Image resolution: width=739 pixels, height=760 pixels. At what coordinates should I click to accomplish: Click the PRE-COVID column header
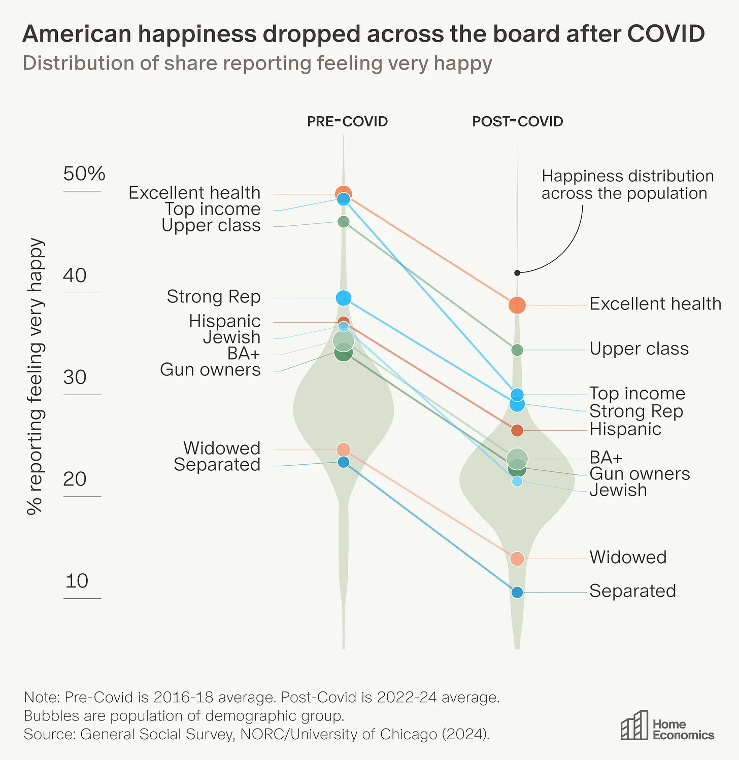coord(347,122)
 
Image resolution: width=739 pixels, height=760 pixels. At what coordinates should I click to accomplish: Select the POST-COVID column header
coord(517,122)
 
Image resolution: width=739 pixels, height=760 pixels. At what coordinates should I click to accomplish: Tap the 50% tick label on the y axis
coord(84,174)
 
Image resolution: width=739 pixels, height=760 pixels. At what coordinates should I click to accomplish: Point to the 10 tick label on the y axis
coord(77,581)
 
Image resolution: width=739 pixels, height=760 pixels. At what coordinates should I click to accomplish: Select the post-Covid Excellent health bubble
coord(517,305)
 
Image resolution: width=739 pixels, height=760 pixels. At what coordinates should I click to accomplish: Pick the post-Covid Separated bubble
coord(517,592)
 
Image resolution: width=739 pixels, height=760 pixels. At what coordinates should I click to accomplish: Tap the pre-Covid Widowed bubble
coord(344,450)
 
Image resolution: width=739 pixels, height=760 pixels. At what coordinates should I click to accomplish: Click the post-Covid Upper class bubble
coord(517,350)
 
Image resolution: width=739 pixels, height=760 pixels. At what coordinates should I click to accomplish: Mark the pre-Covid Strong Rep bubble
coord(344,298)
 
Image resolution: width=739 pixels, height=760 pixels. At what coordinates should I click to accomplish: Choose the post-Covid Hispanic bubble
coord(517,431)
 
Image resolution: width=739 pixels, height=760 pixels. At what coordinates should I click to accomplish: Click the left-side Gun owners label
coord(210,370)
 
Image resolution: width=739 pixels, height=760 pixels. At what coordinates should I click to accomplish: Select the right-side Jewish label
coord(618,490)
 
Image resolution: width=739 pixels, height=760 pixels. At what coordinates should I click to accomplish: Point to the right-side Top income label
coord(637,393)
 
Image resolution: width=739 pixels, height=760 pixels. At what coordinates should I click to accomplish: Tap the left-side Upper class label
coord(211,225)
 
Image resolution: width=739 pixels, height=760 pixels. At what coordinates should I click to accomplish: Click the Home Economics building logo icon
coord(634,726)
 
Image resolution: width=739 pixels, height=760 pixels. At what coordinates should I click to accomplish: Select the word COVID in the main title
coord(666,34)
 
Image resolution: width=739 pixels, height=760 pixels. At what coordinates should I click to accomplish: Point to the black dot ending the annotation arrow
coord(517,273)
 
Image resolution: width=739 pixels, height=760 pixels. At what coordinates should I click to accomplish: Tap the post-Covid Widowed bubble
coord(517,559)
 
